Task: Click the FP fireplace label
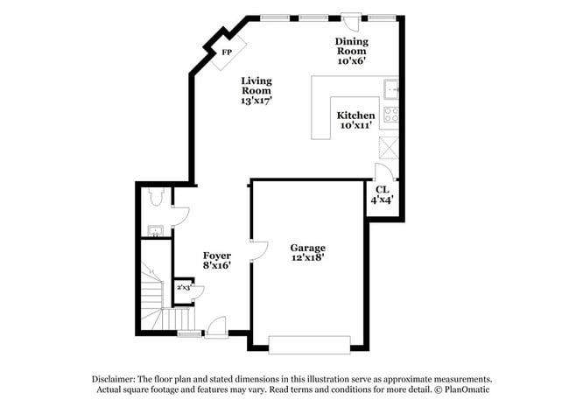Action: (x=226, y=53)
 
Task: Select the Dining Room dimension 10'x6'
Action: (x=351, y=61)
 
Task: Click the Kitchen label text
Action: (x=356, y=116)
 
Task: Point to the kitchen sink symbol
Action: (x=390, y=88)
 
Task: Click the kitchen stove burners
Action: (x=390, y=114)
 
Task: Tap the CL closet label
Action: (x=382, y=189)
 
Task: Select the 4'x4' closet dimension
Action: (x=382, y=200)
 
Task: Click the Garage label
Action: (x=308, y=248)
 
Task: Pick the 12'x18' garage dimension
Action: (x=308, y=258)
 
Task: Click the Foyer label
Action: (x=217, y=256)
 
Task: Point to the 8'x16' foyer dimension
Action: (x=217, y=266)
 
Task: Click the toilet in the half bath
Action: (x=155, y=197)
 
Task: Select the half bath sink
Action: (x=154, y=231)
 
